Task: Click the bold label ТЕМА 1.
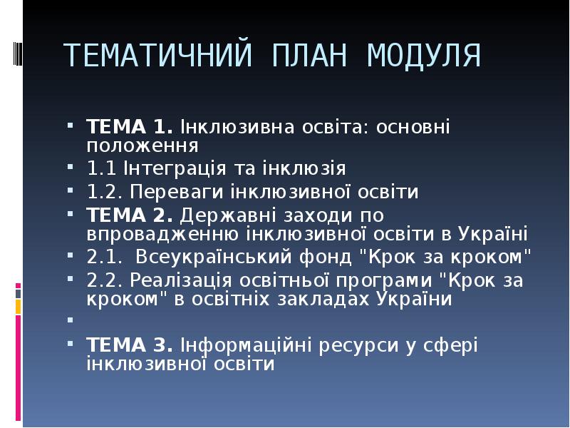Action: [x=129, y=128]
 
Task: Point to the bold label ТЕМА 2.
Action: [x=129, y=215]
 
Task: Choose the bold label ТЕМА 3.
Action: [x=129, y=345]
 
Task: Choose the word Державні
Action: [x=221, y=215]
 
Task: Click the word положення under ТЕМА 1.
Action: [x=142, y=146]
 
